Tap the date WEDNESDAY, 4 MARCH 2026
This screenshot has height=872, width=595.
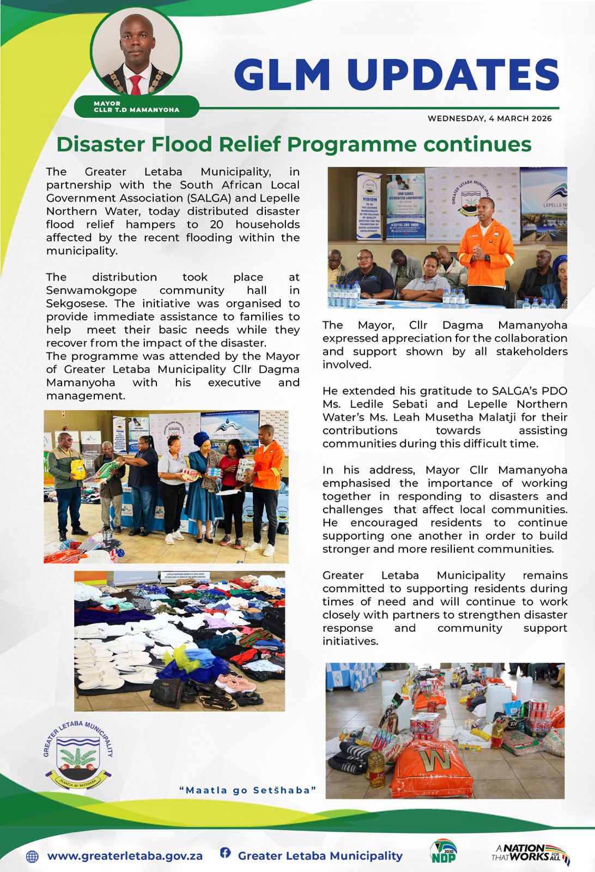(x=489, y=118)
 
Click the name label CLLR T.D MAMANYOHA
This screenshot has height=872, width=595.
(x=136, y=110)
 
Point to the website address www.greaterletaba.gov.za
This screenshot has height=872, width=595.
(x=125, y=856)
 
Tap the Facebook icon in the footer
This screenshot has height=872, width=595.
(x=225, y=853)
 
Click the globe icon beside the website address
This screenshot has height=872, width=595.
(x=33, y=856)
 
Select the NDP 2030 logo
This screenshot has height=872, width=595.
(x=443, y=852)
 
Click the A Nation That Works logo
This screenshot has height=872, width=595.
(x=530, y=853)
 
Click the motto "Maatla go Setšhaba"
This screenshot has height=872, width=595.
(x=248, y=790)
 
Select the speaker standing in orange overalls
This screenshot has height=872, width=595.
(x=485, y=251)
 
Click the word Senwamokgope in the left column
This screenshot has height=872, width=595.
(x=92, y=290)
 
